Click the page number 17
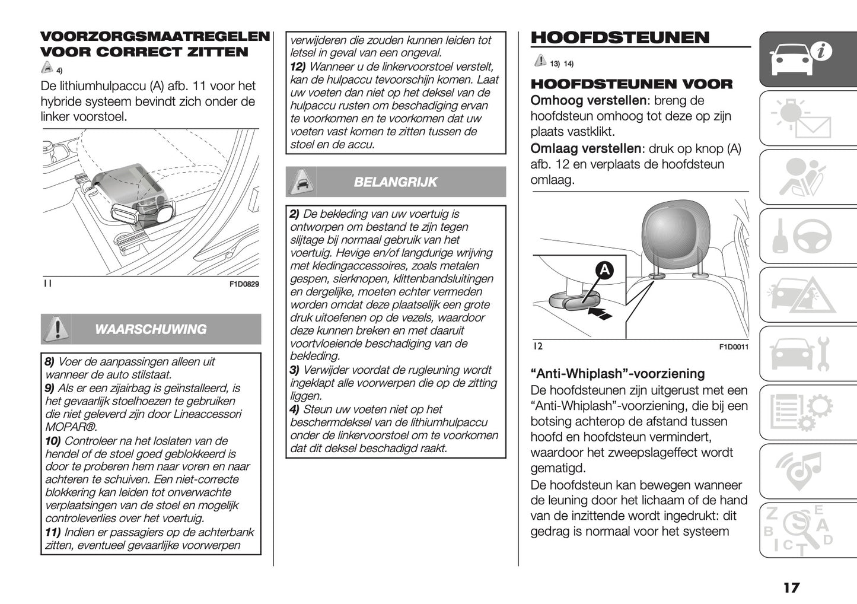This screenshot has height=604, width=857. pyautogui.click(x=791, y=587)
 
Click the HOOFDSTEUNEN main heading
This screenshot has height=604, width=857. pyautogui.click(x=620, y=38)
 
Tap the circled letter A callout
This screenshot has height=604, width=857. pyautogui.click(x=604, y=271)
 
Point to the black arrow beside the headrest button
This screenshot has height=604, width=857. pyautogui.click(x=601, y=313)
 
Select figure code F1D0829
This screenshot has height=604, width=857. pyautogui.click(x=244, y=284)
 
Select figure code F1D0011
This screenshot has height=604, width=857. pyautogui.click(x=734, y=347)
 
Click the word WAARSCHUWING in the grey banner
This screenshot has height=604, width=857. pyautogui.click(x=151, y=329)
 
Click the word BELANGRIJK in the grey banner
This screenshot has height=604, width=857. pyautogui.click(x=395, y=182)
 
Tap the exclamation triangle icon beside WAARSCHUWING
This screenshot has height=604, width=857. pyautogui.click(x=56, y=329)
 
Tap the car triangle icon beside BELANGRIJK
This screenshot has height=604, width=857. pyautogui.click(x=301, y=182)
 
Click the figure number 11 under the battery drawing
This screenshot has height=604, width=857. pyautogui.click(x=47, y=284)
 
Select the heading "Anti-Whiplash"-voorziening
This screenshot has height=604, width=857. pyautogui.click(x=617, y=374)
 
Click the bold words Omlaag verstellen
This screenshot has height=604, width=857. pyautogui.click(x=585, y=148)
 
